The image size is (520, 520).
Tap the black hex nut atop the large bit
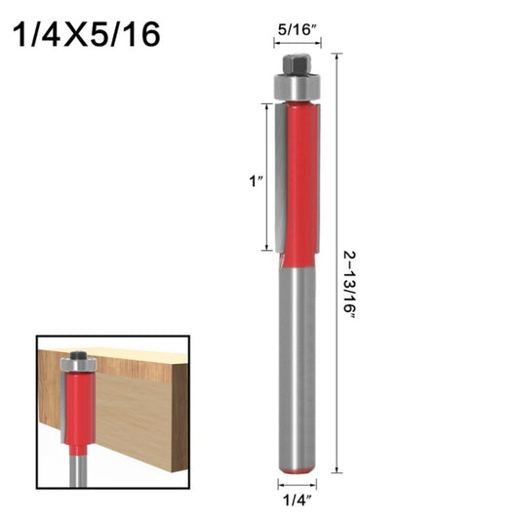point(297,64)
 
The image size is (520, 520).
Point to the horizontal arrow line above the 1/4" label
point(297,485)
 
